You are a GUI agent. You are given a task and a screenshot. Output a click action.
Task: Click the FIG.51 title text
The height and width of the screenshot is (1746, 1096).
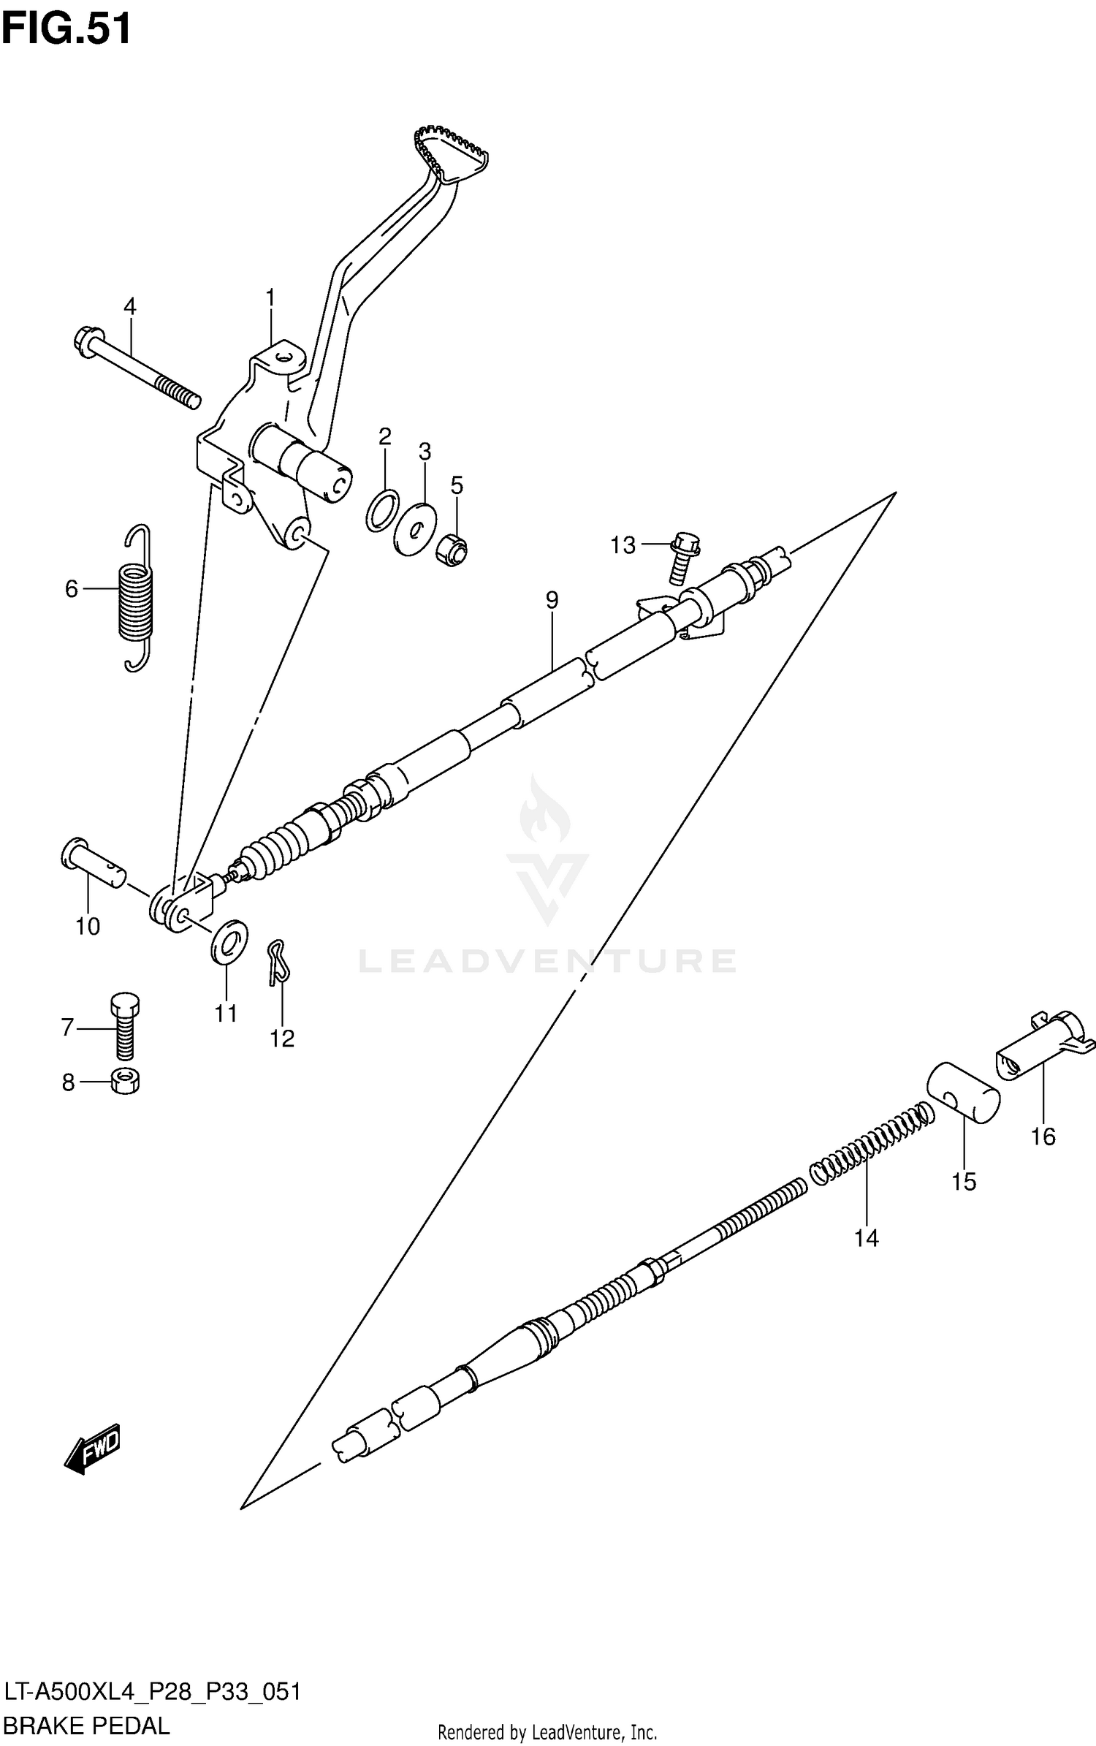coord(66,29)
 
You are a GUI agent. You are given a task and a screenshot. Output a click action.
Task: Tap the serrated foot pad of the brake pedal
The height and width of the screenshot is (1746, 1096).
coord(452,155)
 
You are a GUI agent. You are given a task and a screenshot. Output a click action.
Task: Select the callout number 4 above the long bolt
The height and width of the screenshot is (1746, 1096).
coord(129,306)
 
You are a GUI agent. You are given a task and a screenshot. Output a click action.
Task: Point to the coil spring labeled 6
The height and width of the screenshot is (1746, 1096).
coord(137,598)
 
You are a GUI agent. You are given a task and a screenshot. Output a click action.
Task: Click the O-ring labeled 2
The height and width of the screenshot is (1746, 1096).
coord(382,510)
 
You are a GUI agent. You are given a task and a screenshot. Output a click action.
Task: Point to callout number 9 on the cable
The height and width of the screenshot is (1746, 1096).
coord(552,600)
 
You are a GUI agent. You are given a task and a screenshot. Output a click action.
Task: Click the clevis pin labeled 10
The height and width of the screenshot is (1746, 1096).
coord(93,862)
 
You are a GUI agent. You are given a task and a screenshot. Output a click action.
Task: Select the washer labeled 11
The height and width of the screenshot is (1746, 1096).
coord(229,943)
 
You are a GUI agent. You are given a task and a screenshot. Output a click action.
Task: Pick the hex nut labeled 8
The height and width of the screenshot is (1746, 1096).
coord(125,1081)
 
